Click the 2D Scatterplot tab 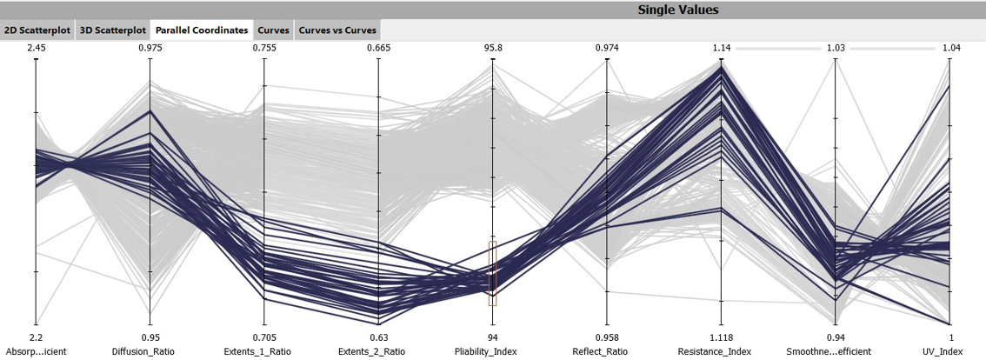(x=37, y=30)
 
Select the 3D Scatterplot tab (x=112, y=30)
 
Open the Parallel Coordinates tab (x=202, y=30)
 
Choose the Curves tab (x=274, y=30)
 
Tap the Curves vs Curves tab (x=337, y=30)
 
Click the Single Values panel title (x=677, y=10)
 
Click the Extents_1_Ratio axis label (x=263, y=351)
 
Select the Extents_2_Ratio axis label (x=378, y=351)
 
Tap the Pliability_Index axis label (x=492, y=351)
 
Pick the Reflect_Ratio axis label (x=607, y=351)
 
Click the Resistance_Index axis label (x=721, y=351)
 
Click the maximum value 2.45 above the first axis (x=36, y=48)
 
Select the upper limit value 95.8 (x=492, y=48)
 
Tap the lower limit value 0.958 (x=607, y=337)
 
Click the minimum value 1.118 (x=721, y=337)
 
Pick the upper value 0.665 (x=378, y=48)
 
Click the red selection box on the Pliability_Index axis (x=492, y=273)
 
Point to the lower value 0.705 (x=263, y=337)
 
